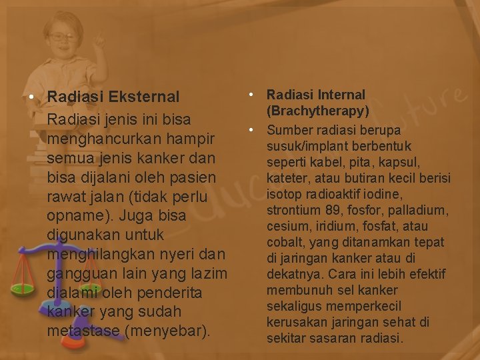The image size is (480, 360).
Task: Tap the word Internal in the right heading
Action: pos(337,95)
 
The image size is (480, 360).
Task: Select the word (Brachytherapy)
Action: pos(318,111)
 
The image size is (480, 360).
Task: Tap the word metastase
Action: pos(84,331)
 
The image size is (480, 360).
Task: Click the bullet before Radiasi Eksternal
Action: pos(32,97)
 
